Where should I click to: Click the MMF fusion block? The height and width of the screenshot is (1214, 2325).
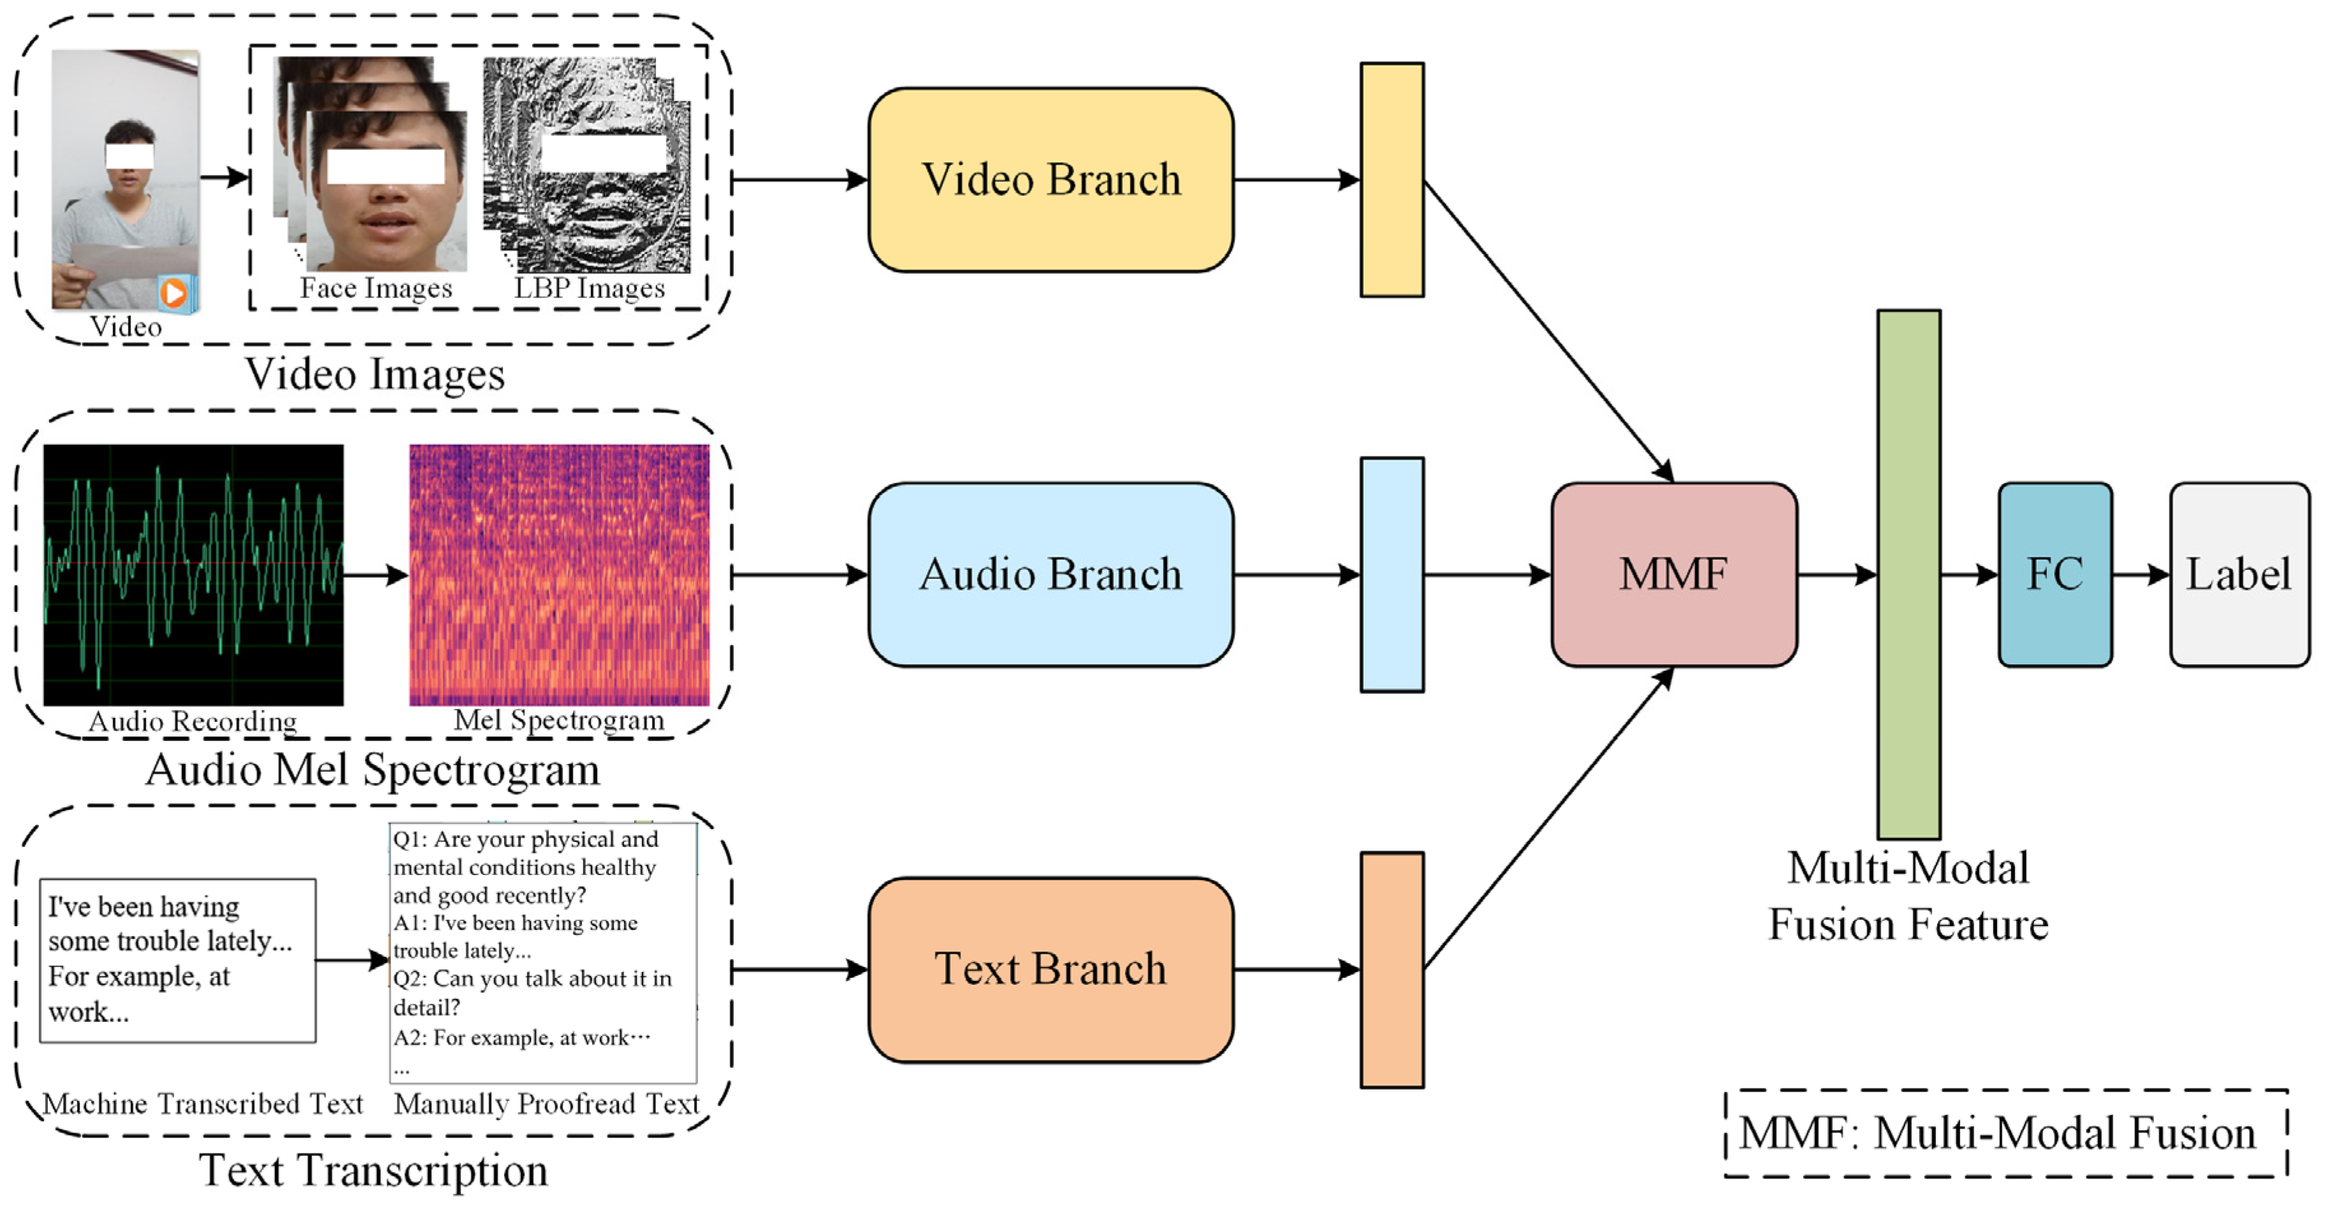click(1674, 574)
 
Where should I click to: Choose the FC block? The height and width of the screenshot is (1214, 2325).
click(2054, 574)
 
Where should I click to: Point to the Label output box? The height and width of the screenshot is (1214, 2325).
click(2238, 574)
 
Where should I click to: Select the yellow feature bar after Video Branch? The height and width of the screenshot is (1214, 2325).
click(1392, 179)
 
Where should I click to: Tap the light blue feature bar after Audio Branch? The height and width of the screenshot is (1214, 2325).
click(1392, 574)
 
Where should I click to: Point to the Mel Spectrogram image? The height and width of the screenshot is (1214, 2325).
click(559, 574)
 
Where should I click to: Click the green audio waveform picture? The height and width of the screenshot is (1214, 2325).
click(193, 574)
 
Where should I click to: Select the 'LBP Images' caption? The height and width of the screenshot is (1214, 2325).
click(590, 288)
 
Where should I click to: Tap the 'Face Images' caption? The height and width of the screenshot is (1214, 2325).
click(375, 288)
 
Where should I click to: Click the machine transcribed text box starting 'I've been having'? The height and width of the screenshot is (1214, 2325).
click(178, 959)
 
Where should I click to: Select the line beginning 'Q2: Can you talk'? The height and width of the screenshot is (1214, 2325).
click(531, 979)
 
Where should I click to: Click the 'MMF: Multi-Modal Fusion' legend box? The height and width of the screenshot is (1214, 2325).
click(2005, 1133)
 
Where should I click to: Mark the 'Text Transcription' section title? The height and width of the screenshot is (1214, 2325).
click(373, 1171)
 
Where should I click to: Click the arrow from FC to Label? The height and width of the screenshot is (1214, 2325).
click(2140, 574)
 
